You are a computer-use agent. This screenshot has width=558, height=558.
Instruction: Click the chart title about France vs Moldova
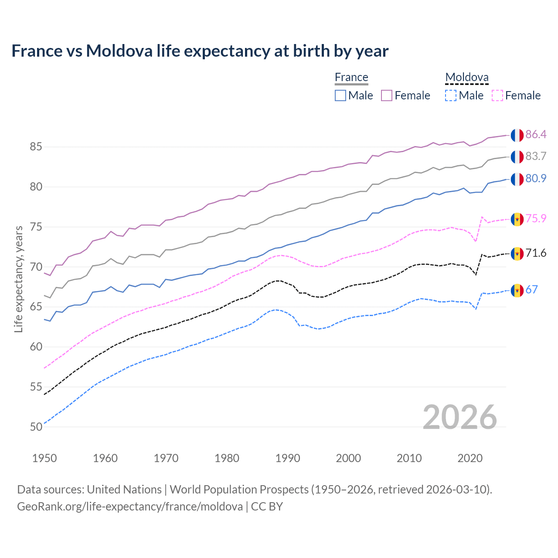tap(200, 51)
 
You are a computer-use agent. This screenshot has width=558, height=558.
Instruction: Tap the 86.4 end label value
tap(536, 134)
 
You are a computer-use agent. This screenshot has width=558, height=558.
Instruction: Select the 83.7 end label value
tap(536, 156)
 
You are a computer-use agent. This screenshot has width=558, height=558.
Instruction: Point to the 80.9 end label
tap(536, 178)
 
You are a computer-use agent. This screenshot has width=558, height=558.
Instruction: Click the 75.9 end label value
tap(536, 218)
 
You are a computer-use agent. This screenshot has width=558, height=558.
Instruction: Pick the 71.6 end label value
tap(536, 253)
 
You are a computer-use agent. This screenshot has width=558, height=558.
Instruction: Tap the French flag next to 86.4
tap(517, 135)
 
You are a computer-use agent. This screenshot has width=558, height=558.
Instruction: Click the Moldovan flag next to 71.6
tap(517, 254)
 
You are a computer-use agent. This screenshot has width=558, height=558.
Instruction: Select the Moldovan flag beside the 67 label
tap(517, 290)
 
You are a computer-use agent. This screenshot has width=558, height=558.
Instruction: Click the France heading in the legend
tap(351, 77)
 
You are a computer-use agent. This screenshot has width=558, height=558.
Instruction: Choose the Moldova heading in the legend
tap(467, 77)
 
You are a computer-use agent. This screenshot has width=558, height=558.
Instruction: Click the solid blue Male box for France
tap(340, 95)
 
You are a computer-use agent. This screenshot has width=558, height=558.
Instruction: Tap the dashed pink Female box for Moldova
tap(497, 95)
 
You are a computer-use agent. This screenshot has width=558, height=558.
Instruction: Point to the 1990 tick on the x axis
tap(288, 458)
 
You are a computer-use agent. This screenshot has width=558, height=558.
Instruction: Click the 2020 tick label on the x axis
tap(470, 458)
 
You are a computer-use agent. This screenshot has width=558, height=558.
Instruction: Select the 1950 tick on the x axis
tap(44, 458)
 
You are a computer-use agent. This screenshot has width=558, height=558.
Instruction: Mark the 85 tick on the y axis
tap(36, 147)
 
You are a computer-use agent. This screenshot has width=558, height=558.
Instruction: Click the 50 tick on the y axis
tap(36, 427)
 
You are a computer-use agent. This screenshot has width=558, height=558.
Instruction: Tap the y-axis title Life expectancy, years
tap(19, 279)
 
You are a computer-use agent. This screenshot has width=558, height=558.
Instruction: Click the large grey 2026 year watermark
tap(460, 417)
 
